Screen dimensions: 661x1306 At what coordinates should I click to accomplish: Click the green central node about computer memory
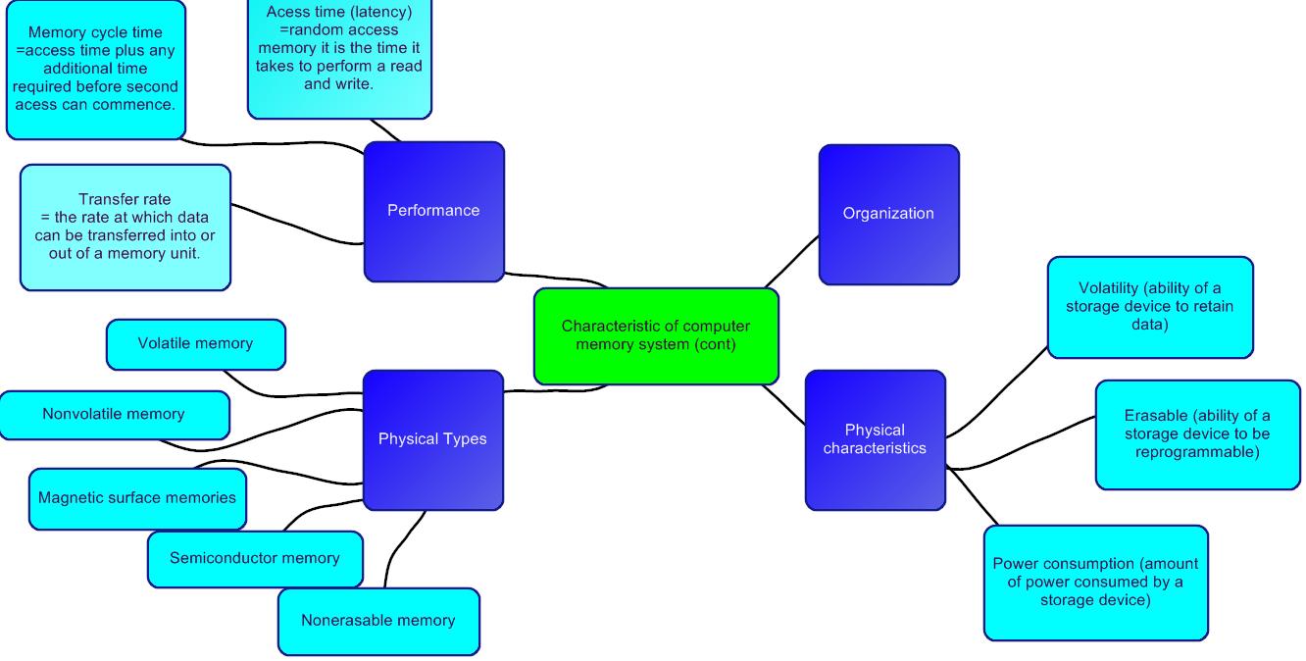point(656,335)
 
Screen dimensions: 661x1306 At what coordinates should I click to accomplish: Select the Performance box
point(433,211)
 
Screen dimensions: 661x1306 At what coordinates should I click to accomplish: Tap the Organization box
point(888,214)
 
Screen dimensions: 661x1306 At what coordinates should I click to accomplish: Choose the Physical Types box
point(432,439)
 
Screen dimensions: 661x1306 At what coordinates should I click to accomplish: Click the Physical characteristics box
point(875,439)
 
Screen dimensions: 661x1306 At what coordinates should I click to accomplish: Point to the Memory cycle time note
point(95,69)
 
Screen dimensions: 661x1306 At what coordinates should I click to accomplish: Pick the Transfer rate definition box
point(125,228)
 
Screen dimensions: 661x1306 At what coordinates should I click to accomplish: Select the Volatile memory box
point(195,344)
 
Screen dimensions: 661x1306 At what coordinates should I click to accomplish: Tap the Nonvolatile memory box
point(114,415)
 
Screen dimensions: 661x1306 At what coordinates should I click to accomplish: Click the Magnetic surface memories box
point(137,498)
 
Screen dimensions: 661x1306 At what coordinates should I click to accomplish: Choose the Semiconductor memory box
point(254,559)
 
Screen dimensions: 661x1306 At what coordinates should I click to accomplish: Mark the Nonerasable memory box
point(378,621)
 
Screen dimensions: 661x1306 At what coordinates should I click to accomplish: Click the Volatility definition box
point(1149,307)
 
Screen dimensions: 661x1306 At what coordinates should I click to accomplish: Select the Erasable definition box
point(1197,434)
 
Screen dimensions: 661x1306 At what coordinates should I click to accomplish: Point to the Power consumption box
point(1095,583)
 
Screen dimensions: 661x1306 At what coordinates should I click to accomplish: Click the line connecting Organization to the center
point(792,261)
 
